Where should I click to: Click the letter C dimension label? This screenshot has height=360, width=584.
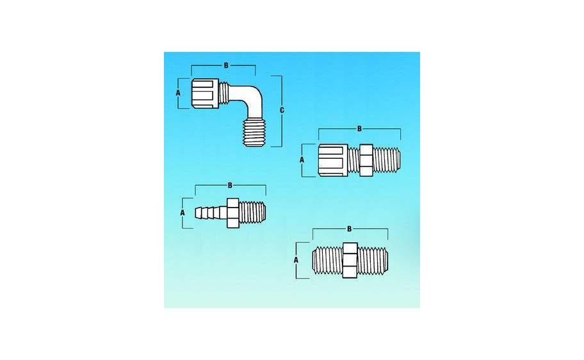282,111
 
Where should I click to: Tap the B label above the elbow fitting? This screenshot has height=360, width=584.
225,65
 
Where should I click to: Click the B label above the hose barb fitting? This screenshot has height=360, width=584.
231,185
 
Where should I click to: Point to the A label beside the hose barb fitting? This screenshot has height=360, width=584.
182,211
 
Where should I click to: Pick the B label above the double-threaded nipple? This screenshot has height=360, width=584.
349,229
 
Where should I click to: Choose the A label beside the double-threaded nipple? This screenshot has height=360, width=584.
296,260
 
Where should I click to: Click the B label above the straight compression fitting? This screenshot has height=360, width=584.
359,129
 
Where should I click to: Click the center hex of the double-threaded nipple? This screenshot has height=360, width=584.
350,260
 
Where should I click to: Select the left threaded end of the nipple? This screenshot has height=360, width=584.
327,260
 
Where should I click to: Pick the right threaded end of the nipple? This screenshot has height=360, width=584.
373,260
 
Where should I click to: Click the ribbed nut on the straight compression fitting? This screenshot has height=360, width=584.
333,161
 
